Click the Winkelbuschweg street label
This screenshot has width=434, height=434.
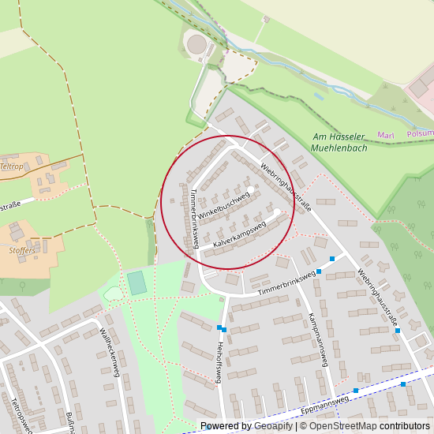point(223,205)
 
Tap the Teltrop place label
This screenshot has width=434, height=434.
point(12,166)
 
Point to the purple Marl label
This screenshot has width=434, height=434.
point(386,135)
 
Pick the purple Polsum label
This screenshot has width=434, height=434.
point(420,134)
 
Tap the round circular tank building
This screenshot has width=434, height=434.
point(196,45)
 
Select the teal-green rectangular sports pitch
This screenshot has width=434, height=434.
point(138,282)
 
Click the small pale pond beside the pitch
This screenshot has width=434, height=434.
point(113,294)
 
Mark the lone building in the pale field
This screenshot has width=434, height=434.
point(267,19)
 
